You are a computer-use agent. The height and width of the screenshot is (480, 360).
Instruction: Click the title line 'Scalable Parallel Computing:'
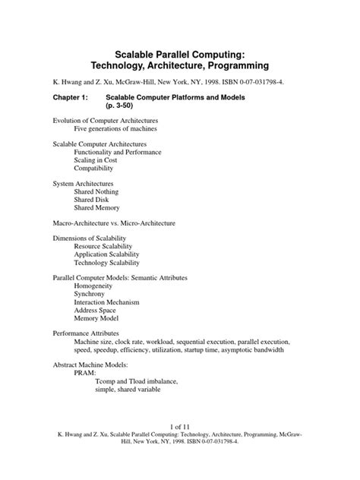(x=180, y=55)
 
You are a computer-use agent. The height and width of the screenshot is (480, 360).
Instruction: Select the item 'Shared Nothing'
(x=96, y=193)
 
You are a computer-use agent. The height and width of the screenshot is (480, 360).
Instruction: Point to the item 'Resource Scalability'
(x=105, y=247)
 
